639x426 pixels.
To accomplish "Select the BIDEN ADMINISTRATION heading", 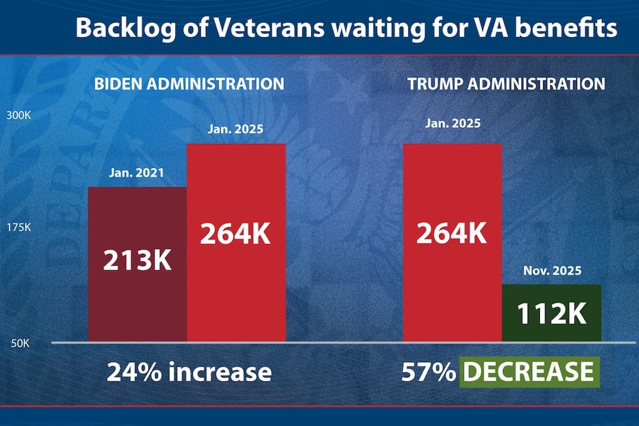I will (189, 84).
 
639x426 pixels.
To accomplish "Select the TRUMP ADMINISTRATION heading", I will (505, 84).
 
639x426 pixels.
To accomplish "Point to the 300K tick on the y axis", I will (19, 116).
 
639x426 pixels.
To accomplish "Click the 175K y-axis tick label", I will (19, 228).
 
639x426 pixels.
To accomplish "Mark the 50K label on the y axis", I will (19, 344).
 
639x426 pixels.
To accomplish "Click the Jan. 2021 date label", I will (136, 172).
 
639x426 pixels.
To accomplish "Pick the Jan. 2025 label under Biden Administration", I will (236, 130).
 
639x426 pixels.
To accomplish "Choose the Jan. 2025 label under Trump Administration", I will (452, 123).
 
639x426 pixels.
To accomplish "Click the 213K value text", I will (137, 261).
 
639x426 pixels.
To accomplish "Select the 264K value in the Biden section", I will (236, 234).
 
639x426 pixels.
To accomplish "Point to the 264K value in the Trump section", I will (452, 234).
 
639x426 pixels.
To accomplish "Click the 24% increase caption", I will (189, 372).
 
